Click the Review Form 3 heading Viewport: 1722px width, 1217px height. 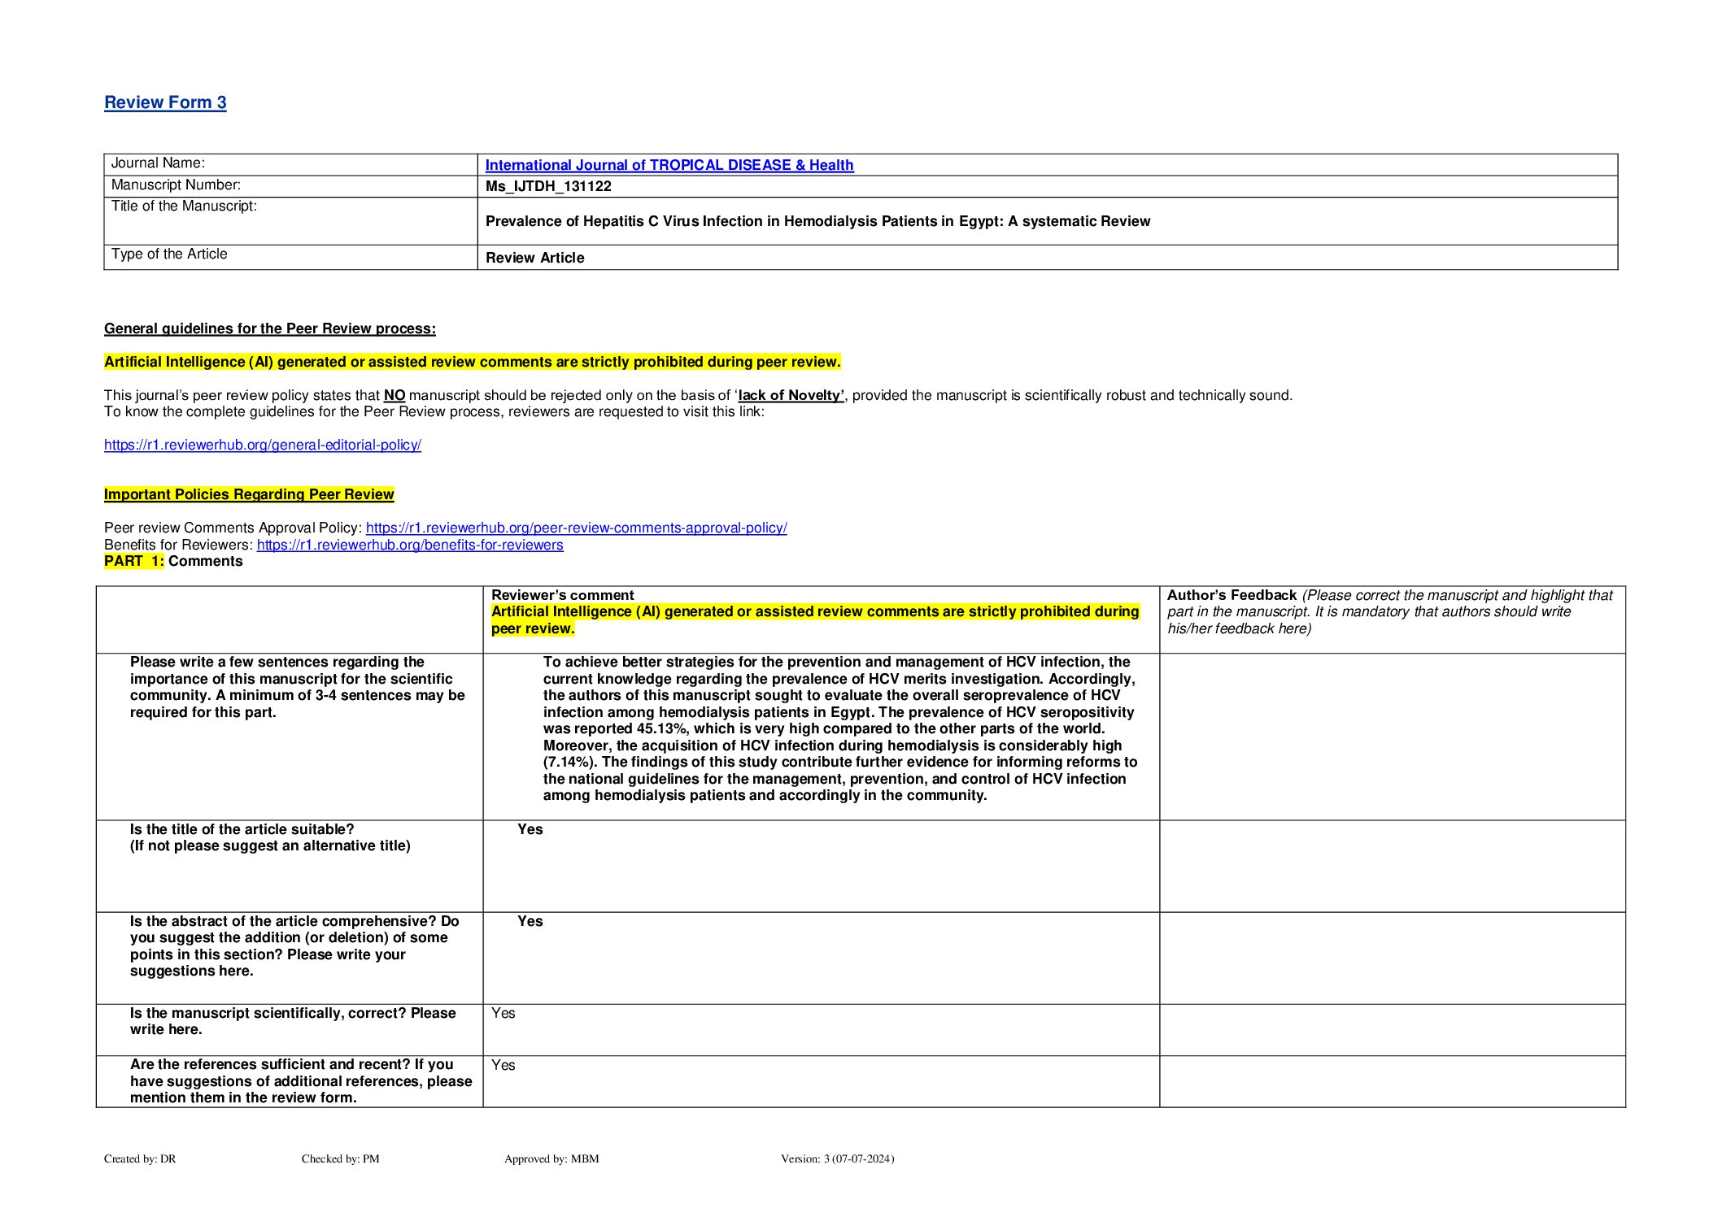[x=165, y=102]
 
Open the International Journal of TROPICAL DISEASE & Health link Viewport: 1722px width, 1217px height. [x=669, y=165]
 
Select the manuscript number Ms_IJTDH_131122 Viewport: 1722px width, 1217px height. [x=548, y=186]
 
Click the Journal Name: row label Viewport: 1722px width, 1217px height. [x=158, y=163]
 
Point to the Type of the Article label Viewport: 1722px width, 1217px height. [x=169, y=254]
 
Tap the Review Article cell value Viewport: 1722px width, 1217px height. [x=534, y=258]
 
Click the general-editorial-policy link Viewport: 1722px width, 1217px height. [x=262, y=446]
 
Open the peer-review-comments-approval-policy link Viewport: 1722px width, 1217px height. [x=576, y=528]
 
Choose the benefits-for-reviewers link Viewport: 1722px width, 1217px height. [x=410, y=545]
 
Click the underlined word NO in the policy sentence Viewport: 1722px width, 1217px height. [x=395, y=396]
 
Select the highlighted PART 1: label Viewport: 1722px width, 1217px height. [x=134, y=562]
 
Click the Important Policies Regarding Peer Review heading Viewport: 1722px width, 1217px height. [x=249, y=495]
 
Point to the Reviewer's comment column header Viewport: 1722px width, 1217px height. [x=562, y=595]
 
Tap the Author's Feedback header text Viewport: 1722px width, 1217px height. [x=1232, y=595]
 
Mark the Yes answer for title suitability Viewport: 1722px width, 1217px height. [x=530, y=829]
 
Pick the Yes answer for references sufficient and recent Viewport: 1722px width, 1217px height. [x=503, y=1065]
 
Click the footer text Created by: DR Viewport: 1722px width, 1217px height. [x=140, y=1158]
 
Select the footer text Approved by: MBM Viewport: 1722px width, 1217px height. [x=551, y=1158]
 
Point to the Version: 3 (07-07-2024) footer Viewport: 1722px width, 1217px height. [x=837, y=1158]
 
